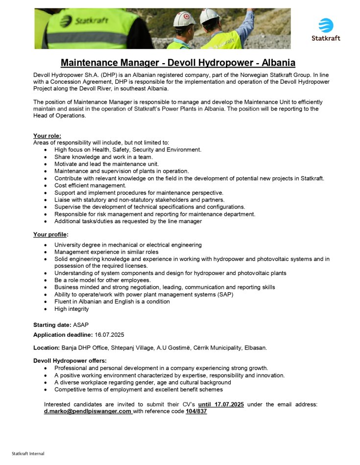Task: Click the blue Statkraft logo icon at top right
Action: click(326, 25)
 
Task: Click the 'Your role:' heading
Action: click(47, 136)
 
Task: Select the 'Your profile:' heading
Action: click(50, 234)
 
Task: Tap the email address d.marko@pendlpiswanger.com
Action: click(88, 411)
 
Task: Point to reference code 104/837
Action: click(196, 411)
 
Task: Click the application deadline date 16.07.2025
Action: click(110, 334)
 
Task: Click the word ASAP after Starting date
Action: click(81, 325)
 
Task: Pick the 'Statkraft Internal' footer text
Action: click(28, 453)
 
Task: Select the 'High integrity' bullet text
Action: click(72, 309)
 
